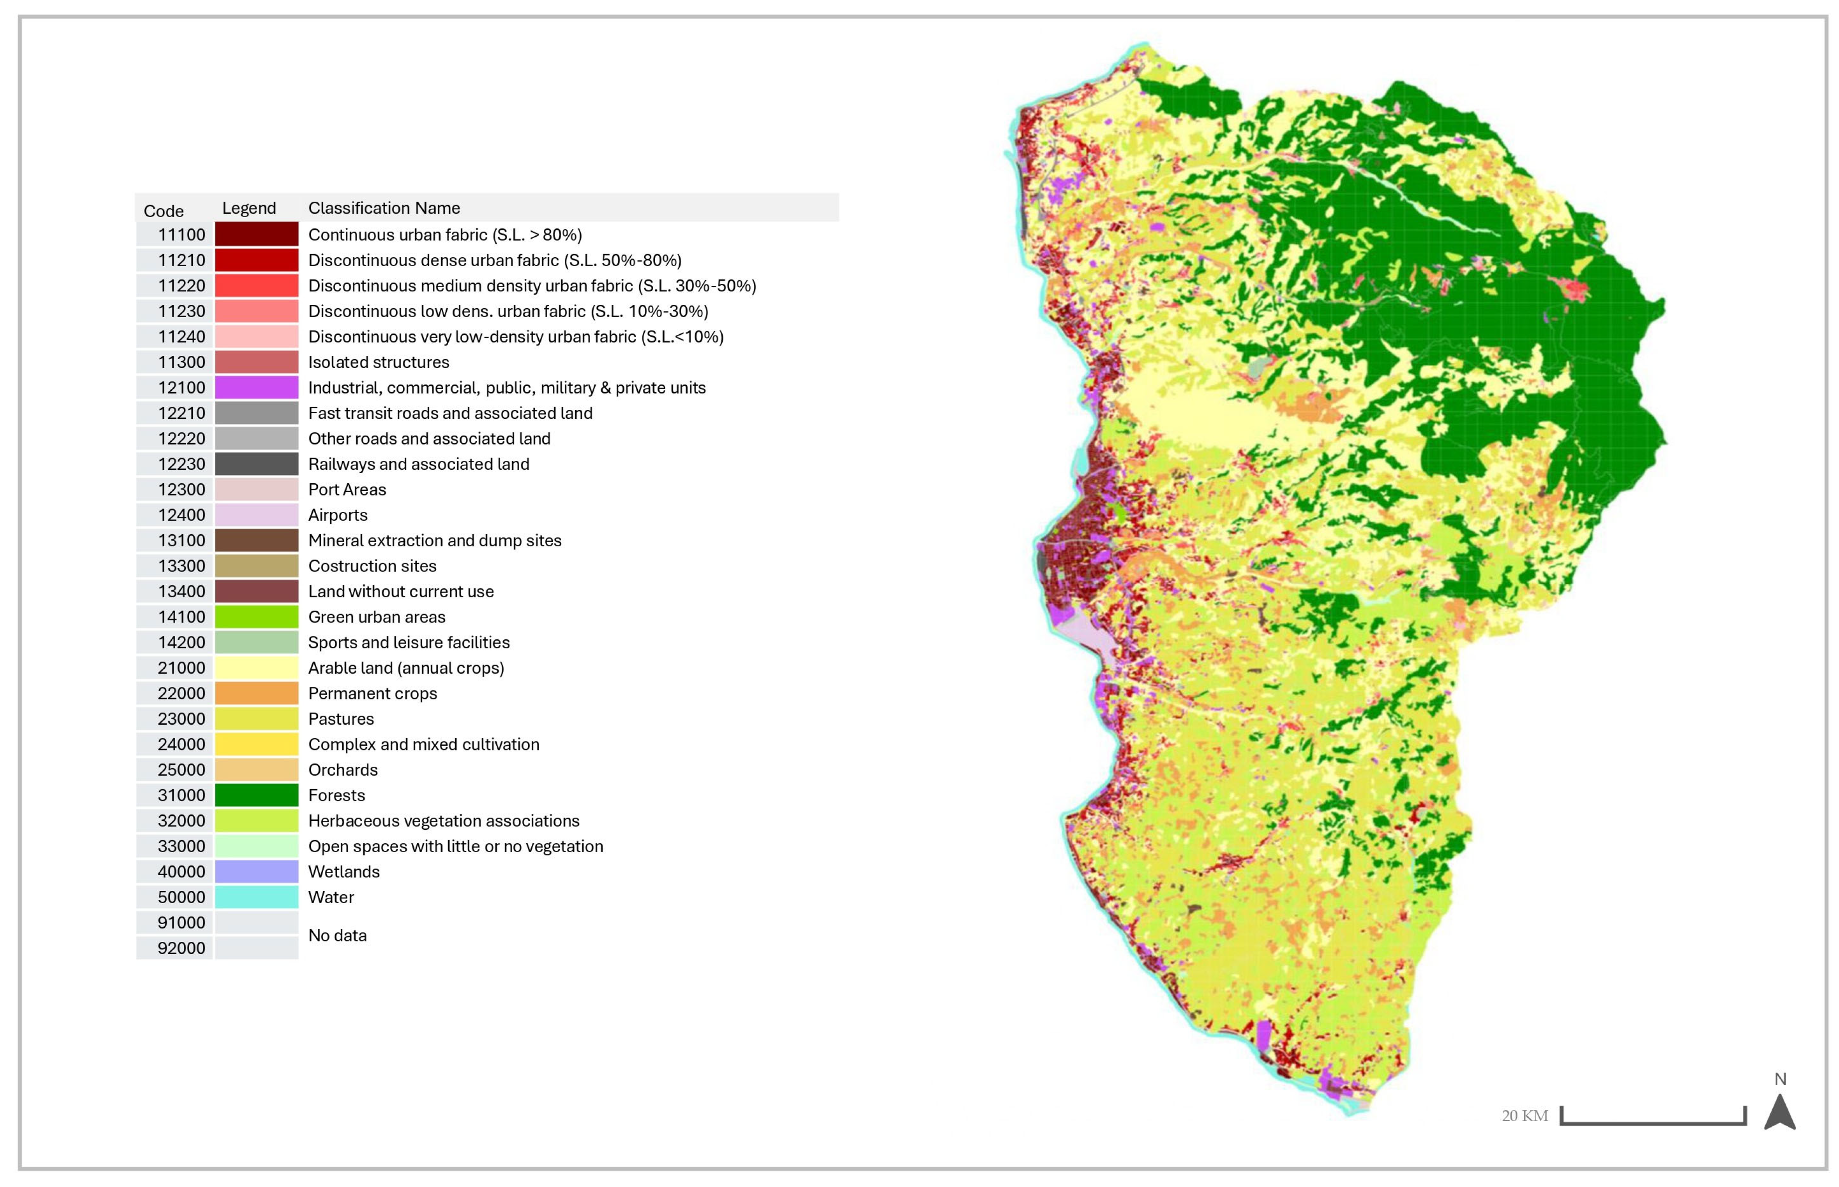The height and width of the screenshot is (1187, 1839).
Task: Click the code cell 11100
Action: pyautogui.click(x=181, y=234)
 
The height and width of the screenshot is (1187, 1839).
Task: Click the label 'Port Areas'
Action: pyautogui.click(x=347, y=489)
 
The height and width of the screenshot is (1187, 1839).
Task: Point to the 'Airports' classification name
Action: pyautogui.click(x=338, y=515)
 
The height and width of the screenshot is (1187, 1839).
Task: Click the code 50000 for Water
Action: pyautogui.click(x=181, y=897)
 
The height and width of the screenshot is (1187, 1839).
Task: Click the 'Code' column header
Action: pyautogui.click(x=163, y=211)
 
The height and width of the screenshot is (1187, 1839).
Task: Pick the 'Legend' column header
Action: pyautogui.click(x=248, y=208)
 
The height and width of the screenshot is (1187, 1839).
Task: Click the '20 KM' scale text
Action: pyautogui.click(x=1524, y=1115)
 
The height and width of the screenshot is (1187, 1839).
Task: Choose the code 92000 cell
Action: pyautogui.click(x=181, y=948)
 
